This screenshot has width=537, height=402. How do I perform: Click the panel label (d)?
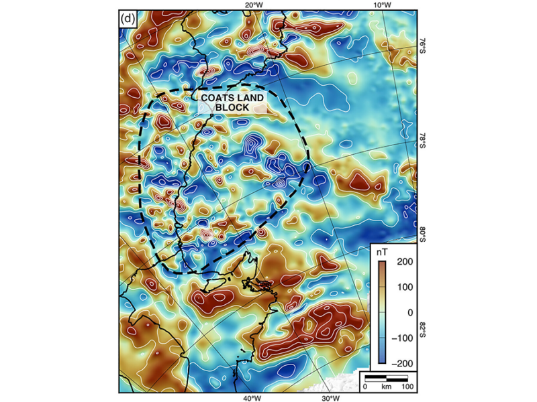click(128, 19)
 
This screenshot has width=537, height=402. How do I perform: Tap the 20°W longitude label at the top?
click(253, 5)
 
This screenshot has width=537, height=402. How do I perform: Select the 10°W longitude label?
click(381, 5)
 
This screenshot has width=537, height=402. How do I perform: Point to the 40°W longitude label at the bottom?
click(252, 398)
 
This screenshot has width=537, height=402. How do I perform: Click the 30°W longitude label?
click(330, 398)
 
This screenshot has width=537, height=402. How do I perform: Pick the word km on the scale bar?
click(387, 387)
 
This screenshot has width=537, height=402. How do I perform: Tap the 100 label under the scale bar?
click(408, 387)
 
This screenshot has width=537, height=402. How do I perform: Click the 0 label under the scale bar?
click(366, 387)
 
